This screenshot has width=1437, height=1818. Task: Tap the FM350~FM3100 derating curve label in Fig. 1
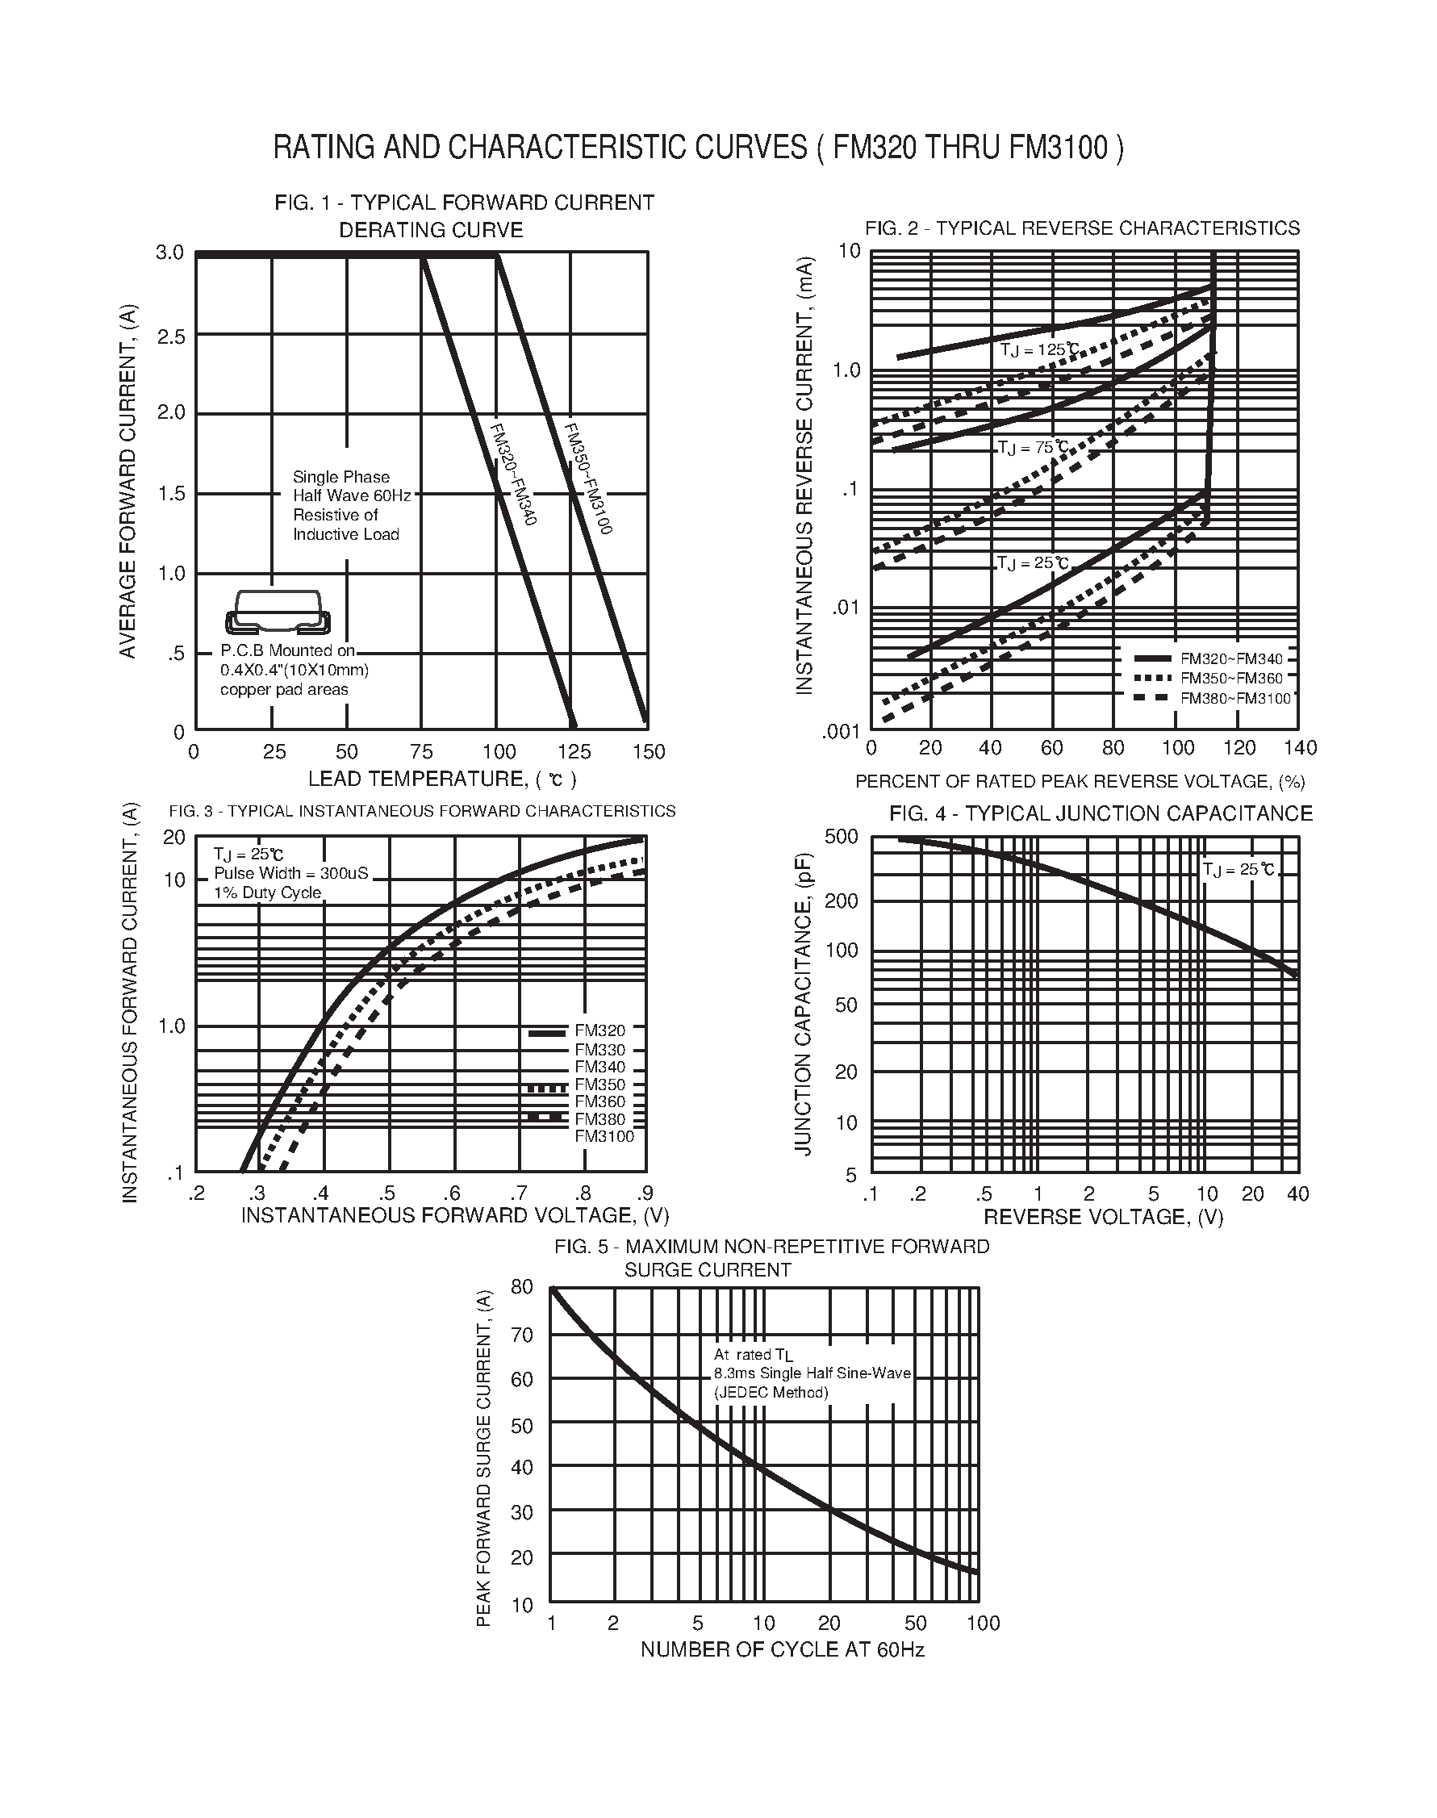[x=587, y=478]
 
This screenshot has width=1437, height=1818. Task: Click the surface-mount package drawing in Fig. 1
[x=278, y=612]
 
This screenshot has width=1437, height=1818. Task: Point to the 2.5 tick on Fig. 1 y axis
[x=172, y=336]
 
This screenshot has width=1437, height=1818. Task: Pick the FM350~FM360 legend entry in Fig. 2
[x=1232, y=678]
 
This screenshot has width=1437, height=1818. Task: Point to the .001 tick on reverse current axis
[x=841, y=732]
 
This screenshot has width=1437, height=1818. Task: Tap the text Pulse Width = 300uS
[x=291, y=873]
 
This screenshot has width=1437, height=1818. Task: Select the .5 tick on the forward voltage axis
[x=386, y=1193]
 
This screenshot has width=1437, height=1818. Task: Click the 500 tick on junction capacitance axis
[x=842, y=836]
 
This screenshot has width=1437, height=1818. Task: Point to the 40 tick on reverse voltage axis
[x=1297, y=1193]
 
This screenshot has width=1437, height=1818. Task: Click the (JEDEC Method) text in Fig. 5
[x=771, y=1392]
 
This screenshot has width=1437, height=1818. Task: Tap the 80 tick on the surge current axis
[x=521, y=1287]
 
